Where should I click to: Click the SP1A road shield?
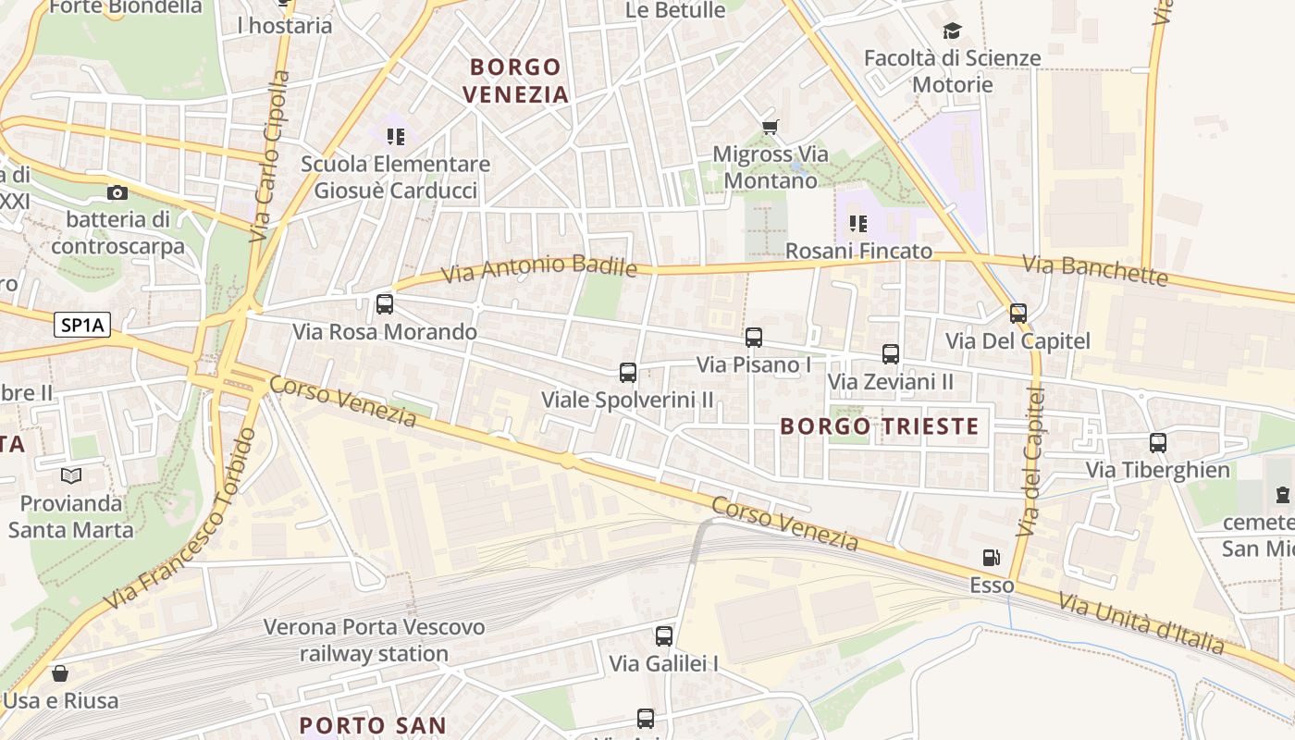coord(82,325)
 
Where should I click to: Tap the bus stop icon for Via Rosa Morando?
coord(385,303)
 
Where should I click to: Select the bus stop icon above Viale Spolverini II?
coord(628,373)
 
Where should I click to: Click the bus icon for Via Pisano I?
coord(754,338)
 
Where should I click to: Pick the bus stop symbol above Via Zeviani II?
coord(891,353)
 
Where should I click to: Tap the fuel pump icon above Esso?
coord(992,557)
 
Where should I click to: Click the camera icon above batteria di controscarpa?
coord(117,192)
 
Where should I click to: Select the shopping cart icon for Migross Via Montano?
coord(770,127)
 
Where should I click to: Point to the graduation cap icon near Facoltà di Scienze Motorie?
coord(952,32)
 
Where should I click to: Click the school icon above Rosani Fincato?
coord(858,223)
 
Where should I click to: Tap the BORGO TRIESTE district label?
coord(879,425)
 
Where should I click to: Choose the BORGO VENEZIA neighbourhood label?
coord(515,80)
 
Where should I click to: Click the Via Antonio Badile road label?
coord(539,268)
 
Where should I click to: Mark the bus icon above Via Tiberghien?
coord(1158,442)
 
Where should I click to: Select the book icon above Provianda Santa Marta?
coord(71,476)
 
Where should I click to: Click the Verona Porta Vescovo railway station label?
coord(374,640)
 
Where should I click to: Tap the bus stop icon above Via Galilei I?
coord(664,636)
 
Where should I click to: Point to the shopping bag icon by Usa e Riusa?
coord(60,672)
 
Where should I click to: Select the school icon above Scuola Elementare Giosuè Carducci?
coord(396,137)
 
